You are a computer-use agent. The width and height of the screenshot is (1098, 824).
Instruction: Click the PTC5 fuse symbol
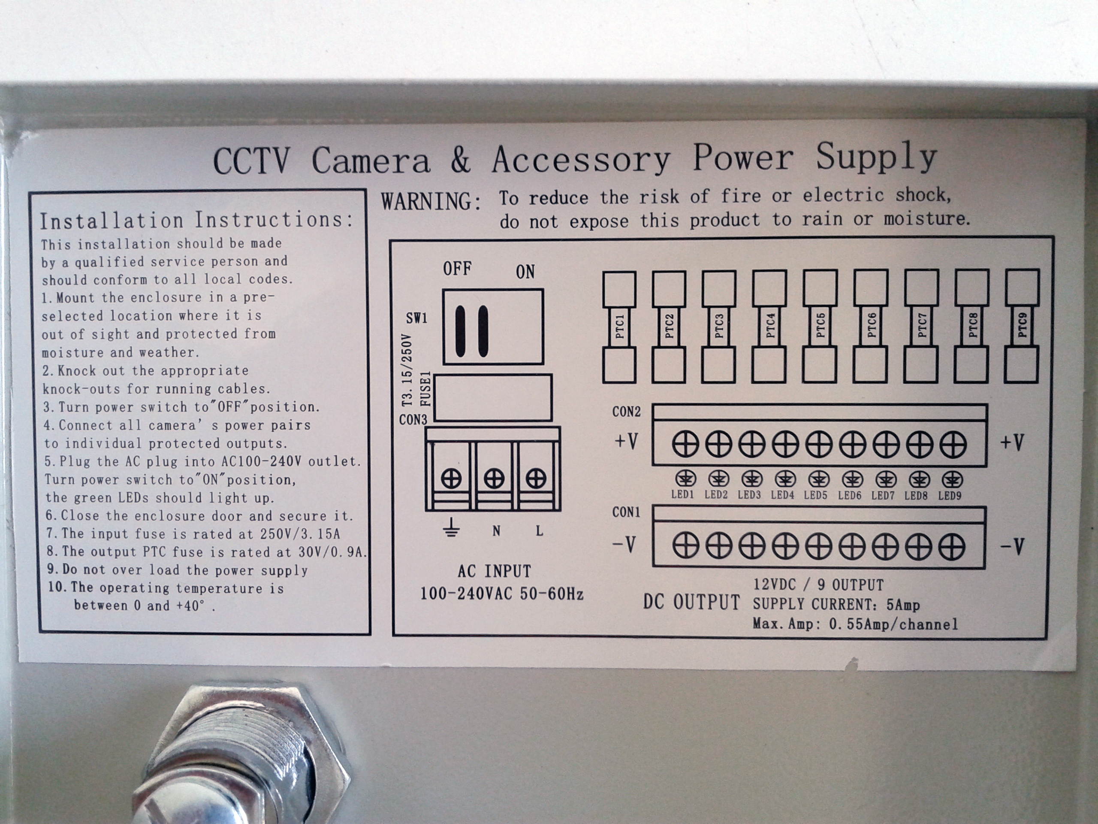coord(820,326)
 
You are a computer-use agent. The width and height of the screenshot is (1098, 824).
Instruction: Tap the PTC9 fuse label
coord(1022,326)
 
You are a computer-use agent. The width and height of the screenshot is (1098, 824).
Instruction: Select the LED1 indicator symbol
coord(685,479)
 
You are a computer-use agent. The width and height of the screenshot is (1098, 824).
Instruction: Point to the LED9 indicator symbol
coord(952,479)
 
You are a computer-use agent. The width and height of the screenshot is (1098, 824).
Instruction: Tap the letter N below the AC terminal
coord(496,531)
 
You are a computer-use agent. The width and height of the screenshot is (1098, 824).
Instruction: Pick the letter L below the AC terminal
coord(539,531)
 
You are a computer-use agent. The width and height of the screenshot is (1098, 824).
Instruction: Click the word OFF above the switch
coord(457,269)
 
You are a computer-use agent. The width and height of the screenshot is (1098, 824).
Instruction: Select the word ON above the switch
coord(525,272)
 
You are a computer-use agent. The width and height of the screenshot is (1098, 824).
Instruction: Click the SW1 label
coord(416,318)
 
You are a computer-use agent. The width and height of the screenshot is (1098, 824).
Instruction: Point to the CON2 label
coord(627,412)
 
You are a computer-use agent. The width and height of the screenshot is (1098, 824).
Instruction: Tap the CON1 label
coord(627,512)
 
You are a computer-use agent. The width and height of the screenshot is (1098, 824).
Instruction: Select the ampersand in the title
coord(461,160)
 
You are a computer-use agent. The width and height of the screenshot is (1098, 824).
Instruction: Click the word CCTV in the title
coord(250,161)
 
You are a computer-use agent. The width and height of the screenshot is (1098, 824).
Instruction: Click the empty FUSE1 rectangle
coord(492,398)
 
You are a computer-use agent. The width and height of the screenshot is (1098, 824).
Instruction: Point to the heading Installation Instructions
coord(197,220)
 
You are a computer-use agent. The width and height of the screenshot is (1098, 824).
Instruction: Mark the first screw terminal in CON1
coord(685,546)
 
